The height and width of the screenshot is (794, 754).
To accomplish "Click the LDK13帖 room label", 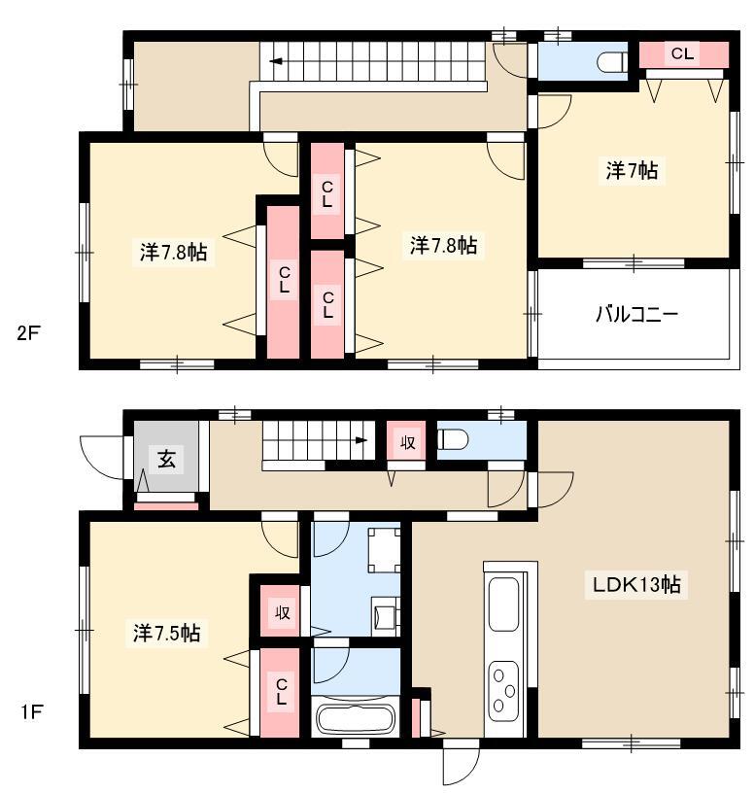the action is coord(636,585).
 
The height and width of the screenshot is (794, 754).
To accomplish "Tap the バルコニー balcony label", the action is coord(636,315).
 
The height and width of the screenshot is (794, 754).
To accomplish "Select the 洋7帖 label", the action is coord(632,171).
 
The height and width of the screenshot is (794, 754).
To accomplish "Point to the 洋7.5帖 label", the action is coord(166,633).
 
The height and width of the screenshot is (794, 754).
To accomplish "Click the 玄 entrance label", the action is coord(166,460).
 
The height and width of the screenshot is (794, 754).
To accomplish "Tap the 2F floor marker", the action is coord(28,333).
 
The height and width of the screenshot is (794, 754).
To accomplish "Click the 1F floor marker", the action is coord(31,712).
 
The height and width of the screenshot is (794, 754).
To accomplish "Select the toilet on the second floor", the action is coord(612,63).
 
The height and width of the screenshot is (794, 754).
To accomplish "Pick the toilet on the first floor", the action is coord(452,439).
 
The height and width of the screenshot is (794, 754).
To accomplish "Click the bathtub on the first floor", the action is coord(356,718).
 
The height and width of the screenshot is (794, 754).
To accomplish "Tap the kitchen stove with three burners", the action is coord(503,691).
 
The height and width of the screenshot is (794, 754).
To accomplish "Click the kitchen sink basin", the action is coord(503,604).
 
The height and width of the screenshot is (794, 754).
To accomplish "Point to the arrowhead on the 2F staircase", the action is coord(276,62).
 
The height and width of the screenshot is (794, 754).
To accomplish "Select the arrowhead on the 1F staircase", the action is coord(361,440).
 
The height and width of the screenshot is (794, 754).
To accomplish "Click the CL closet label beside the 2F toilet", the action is coord(682,53).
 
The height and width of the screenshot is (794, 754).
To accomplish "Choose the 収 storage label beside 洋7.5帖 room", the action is coord(282,612).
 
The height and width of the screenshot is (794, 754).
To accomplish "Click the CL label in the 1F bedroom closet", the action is coord(282,692).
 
